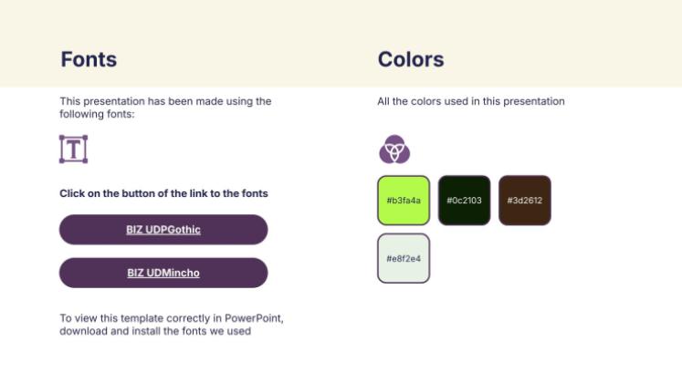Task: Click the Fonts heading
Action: pyautogui.click(x=89, y=59)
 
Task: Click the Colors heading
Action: pyautogui.click(x=411, y=59)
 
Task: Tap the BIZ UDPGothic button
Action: pyautogui.click(x=163, y=230)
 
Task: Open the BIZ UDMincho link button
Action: pyautogui.click(x=163, y=273)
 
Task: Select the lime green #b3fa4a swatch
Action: pyautogui.click(x=404, y=201)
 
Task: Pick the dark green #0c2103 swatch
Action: pyautogui.click(x=464, y=201)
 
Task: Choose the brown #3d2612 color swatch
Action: pyautogui.click(x=525, y=201)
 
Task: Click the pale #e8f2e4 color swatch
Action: pyautogui.click(x=404, y=258)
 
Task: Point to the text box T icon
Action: pyautogui.click(x=74, y=149)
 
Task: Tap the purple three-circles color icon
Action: pyautogui.click(x=394, y=149)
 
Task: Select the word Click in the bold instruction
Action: pyautogui.click(x=72, y=193)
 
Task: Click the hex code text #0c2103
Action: pyautogui.click(x=464, y=201)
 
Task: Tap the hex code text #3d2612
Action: pyautogui.click(x=525, y=201)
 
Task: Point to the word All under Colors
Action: pyautogui.click(x=383, y=101)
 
